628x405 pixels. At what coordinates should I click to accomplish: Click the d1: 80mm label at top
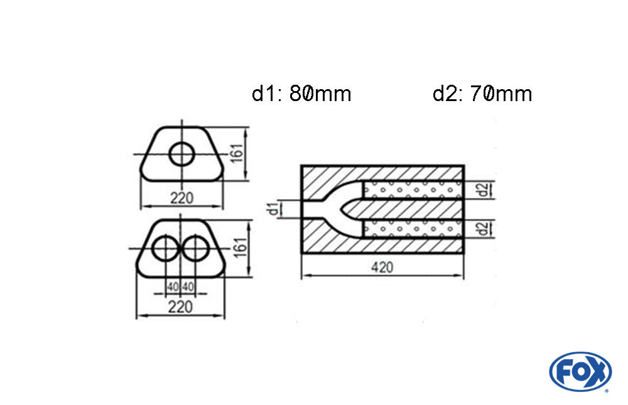pos(301,94)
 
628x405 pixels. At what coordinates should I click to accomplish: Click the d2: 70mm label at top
pos(482,94)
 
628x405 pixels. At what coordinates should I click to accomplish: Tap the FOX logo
pos(580,371)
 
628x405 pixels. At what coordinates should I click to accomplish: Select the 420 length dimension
pos(382,267)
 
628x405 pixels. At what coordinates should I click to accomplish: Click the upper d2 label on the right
pos(482,190)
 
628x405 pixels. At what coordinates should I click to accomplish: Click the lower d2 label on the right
pos(482,229)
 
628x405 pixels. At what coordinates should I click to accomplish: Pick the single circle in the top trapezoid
pos(182,154)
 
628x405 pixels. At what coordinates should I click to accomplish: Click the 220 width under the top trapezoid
pos(181,198)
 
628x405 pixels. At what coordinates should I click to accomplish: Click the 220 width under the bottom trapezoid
pos(181,306)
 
